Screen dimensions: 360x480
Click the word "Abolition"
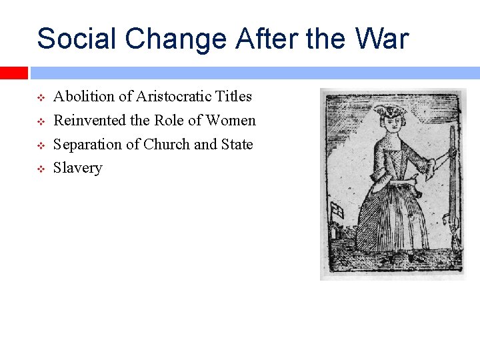click(x=83, y=97)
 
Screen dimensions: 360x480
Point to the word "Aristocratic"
click(x=173, y=97)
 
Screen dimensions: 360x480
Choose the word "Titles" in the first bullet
click(x=233, y=97)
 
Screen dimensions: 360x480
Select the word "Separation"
click(x=87, y=145)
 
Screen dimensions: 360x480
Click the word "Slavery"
click(x=77, y=169)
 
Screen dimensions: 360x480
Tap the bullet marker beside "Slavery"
click(x=40, y=169)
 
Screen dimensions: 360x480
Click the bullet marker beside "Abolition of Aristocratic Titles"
click(x=40, y=97)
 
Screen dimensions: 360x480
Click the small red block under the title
click(x=13, y=73)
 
